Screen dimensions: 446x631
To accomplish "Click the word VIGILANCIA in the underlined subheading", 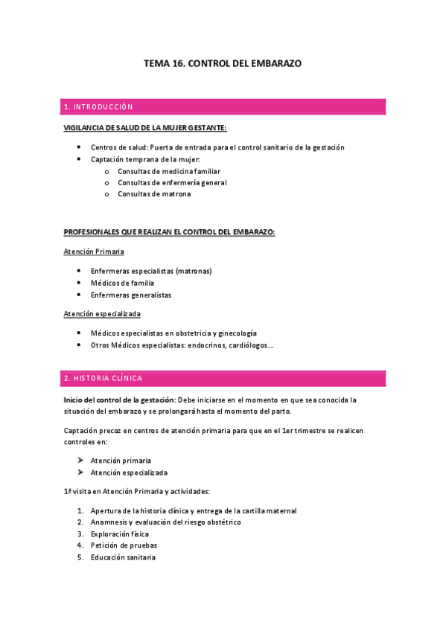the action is [x=85, y=128].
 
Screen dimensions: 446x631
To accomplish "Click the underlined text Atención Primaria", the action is [x=94, y=252].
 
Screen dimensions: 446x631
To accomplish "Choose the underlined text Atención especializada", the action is [x=102, y=314].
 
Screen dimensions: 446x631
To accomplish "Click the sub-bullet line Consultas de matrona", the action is [x=154, y=194].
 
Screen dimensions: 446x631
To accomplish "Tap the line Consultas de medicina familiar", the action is [x=169, y=171].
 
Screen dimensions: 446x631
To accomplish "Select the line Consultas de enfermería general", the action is [x=172, y=182].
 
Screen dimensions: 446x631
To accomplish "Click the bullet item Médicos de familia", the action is [x=123, y=283].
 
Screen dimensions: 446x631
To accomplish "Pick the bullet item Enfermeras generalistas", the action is [x=130, y=295].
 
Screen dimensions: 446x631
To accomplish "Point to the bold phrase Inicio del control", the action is [x=98, y=400].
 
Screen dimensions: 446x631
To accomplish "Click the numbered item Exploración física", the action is [x=119, y=534].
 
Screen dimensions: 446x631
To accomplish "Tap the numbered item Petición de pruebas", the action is [x=124, y=546].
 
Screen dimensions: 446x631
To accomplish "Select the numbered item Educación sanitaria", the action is [x=123, y=558].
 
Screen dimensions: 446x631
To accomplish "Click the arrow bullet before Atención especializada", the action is [x=80, y=473].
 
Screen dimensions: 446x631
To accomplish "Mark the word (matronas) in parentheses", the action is [x=189, y=271].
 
